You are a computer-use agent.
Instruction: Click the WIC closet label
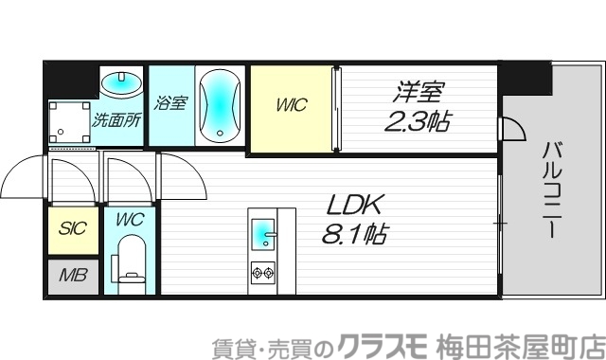(292, 105)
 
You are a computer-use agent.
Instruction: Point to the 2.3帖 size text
(417, 121)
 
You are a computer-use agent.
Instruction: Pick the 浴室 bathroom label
(169, 102)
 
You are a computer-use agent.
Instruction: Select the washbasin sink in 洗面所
(120, 83)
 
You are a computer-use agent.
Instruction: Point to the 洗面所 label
(116, 120)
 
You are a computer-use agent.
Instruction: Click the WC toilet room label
(130, 220)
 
